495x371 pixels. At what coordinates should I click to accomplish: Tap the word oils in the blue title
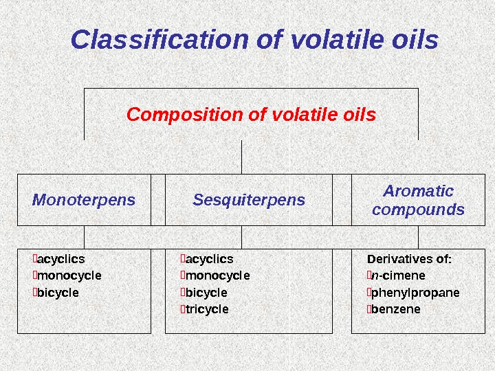tap(412, 41)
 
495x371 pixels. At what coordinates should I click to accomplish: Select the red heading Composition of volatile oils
tap(251, 114)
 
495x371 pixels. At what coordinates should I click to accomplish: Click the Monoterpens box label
tap(84, 200)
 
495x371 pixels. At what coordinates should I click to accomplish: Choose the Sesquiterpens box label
tap(248, 200)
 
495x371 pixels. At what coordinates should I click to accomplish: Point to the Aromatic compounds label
tap(418, 200)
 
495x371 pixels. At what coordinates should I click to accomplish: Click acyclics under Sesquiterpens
tap(208, 259)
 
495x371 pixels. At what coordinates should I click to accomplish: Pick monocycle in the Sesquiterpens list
tap(216, 276)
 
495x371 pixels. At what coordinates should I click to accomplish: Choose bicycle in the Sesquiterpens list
tap(205, 293)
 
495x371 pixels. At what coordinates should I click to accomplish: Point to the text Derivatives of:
tap(409, 259)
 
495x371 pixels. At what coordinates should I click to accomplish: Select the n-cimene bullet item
tap(397, 276)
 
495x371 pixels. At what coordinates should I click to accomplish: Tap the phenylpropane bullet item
tap(415, 293)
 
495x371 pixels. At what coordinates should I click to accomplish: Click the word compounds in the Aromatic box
tap(418, 210)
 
